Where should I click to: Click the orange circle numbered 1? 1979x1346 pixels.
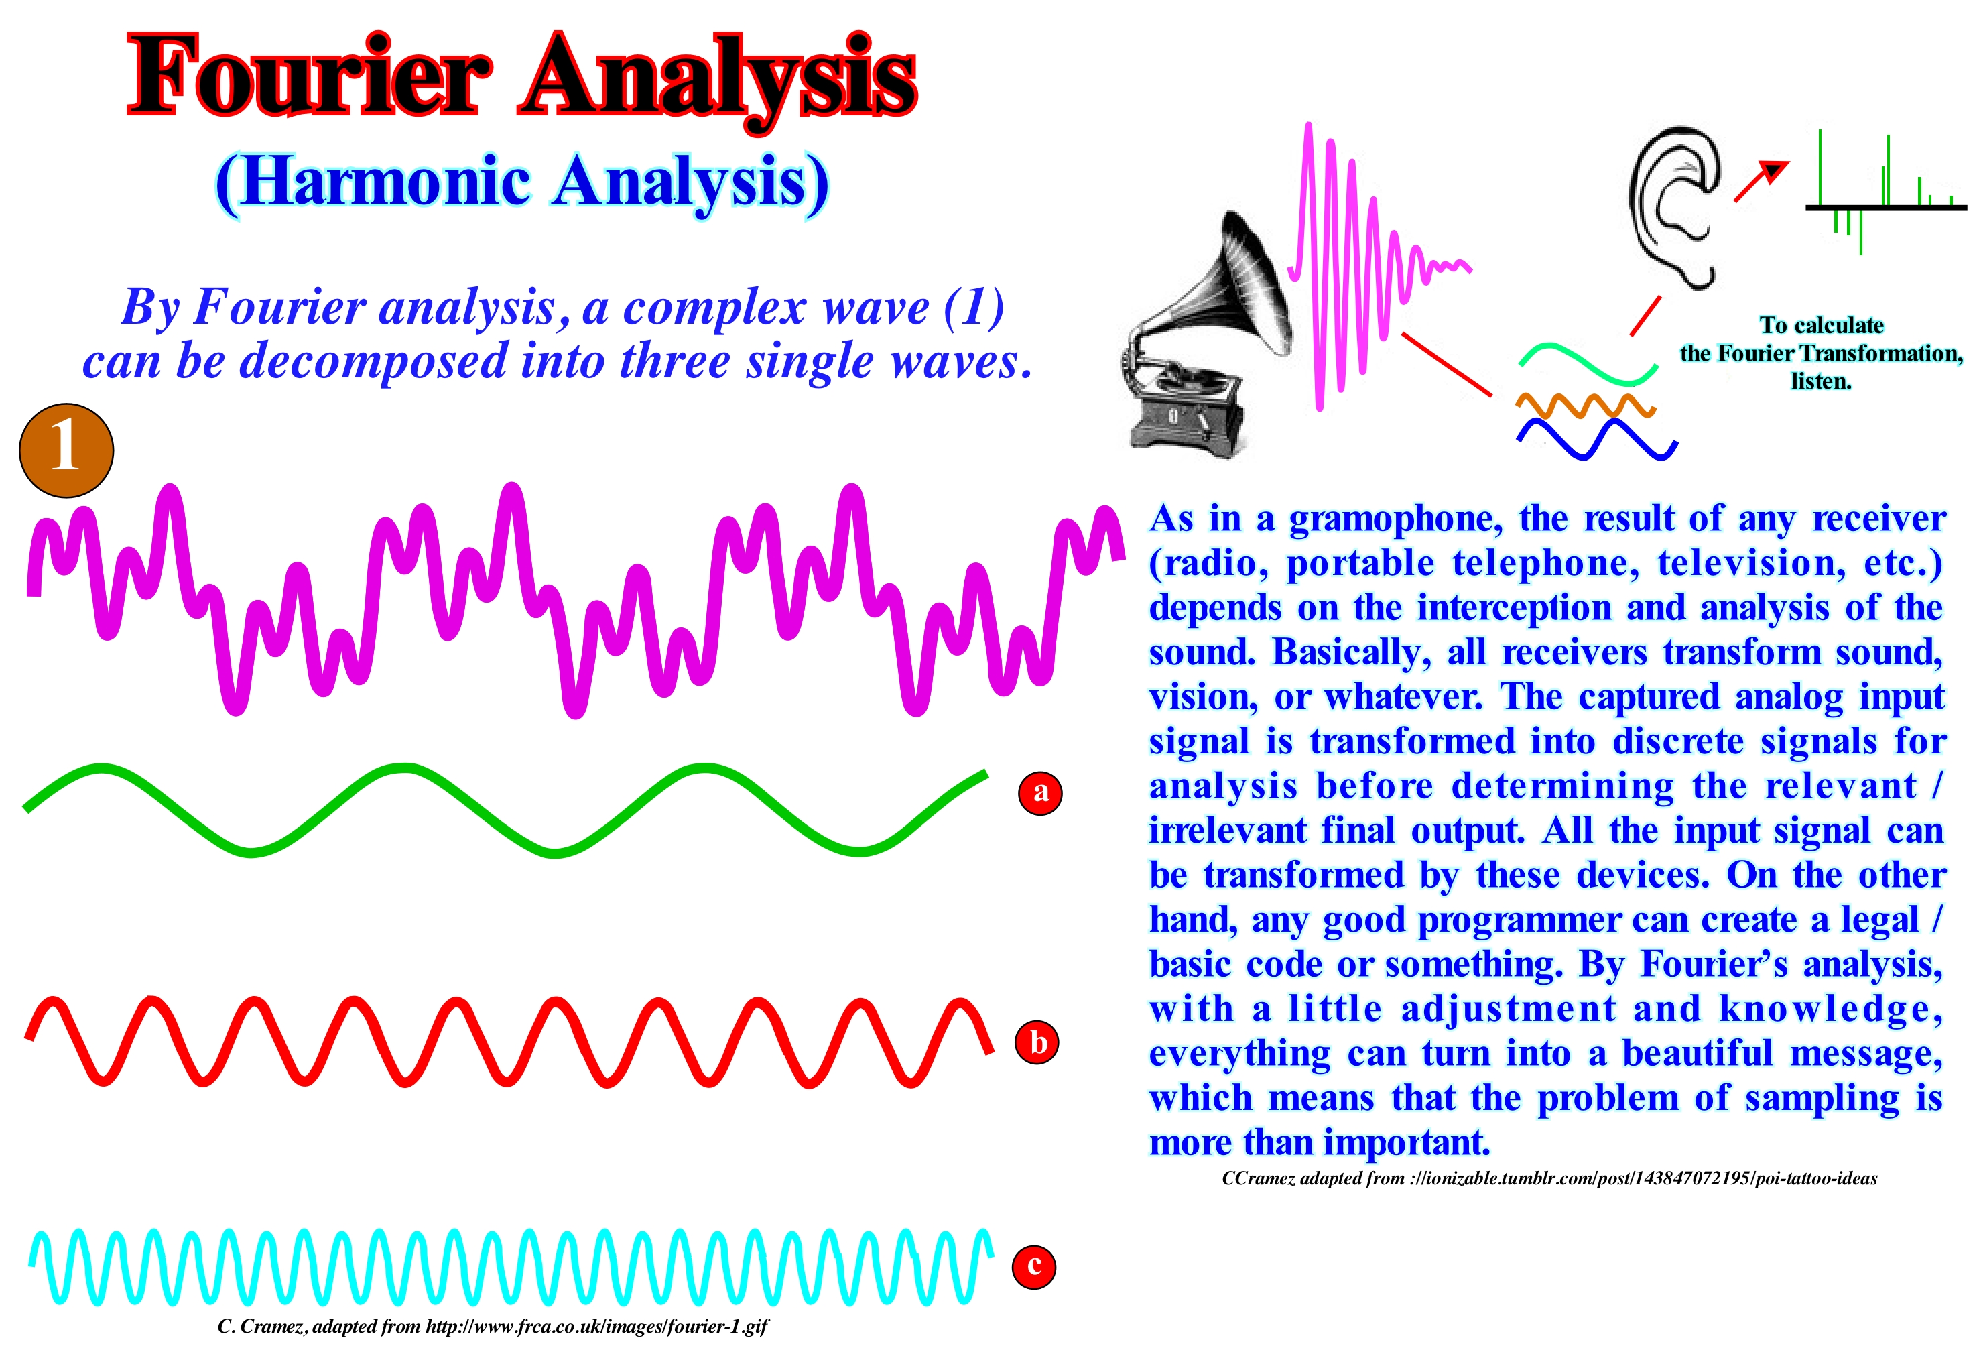[66, 450]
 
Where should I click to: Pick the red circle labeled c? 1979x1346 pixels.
[1034, 1266]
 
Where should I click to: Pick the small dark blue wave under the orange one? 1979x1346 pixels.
[1596, 440]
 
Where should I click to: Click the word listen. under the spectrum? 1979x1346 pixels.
[1821, 381]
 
